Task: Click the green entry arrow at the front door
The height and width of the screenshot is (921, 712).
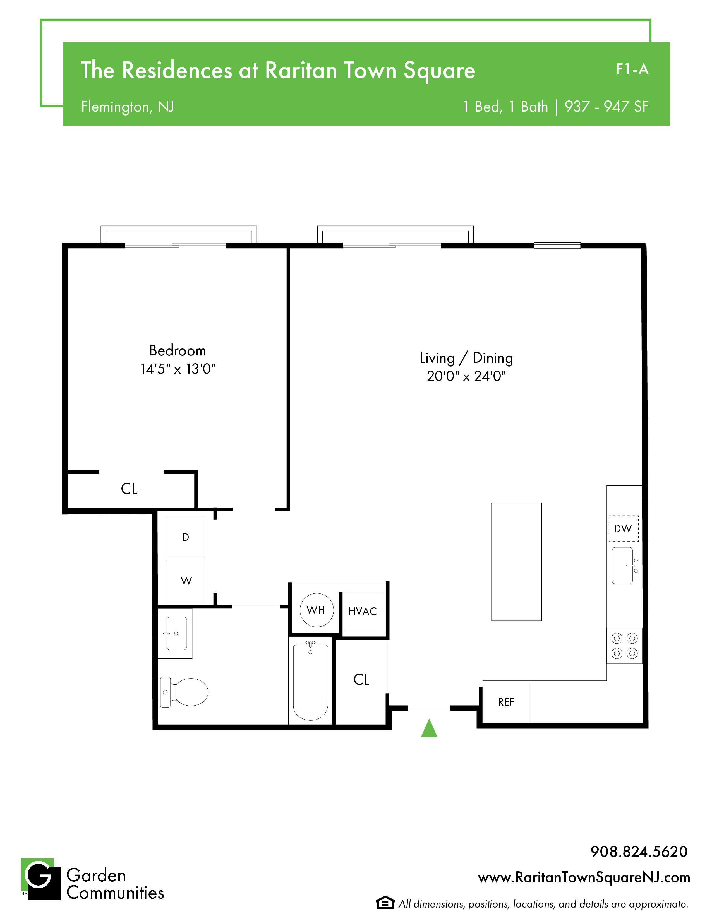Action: point(429,728)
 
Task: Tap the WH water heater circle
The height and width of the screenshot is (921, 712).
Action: point(316,610)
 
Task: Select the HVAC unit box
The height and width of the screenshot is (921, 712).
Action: point(364,611)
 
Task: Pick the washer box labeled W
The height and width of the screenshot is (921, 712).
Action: point(186,581)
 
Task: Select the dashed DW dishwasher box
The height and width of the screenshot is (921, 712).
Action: point(624,528)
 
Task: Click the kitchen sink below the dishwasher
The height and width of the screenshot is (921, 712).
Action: point(624,566)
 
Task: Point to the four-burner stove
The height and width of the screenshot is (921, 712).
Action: point(624,646)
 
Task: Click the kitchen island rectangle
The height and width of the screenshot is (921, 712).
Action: point(516,562)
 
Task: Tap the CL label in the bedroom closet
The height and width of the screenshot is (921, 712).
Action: point(129,489)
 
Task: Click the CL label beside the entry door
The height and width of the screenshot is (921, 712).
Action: point(361,679)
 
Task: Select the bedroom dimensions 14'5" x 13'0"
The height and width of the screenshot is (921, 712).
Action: point(178,369)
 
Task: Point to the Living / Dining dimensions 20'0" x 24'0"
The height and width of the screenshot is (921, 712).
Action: point(466,376)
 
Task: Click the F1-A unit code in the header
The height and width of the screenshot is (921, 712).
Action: point(632,69)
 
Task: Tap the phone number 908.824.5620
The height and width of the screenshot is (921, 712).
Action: point(639,852)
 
